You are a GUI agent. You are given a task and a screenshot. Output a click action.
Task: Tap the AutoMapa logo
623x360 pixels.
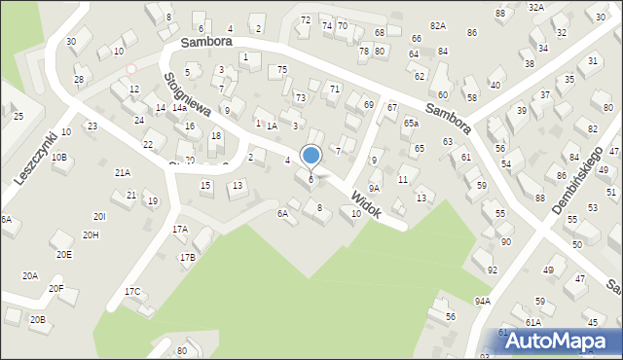pyautogui.click(x=558, y=341)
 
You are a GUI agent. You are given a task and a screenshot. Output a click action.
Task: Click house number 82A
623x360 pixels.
pyautogui.click(x=438, y=26)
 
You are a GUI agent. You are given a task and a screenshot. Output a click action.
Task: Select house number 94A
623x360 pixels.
pyautogui.click(x=482, y=302)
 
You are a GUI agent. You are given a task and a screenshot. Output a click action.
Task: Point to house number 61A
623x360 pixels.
pyautogui.click(x=532, y=322)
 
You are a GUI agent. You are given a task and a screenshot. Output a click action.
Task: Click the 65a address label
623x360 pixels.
pyautogui.click(x=411, y=124)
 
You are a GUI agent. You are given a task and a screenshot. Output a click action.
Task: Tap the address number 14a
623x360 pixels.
pyautogui.click(x=179, y=108)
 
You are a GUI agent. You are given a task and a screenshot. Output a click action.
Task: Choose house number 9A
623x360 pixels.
pyautogui.click(x=374, y=175)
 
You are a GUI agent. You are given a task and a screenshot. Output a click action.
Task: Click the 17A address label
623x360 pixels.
pyautogui.click(x=180, y=230)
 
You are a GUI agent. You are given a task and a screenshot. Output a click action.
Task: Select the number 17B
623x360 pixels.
pyautogui.click(x=187, y=257)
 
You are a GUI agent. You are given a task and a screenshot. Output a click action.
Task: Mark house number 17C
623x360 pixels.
pyautogui.click(x=132, y=292)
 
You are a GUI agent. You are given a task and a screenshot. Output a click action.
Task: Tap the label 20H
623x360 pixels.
pyautogui.click(x=91, y=235)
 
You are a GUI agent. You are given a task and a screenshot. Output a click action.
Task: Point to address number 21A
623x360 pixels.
pyautogui.click(x=123, y=172)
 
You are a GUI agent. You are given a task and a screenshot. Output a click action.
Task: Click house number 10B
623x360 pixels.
pyautogui.click(x=59, y=157)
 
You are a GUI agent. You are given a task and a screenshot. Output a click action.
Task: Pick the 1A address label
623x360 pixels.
pyautogui.click(x=273, y=126)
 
